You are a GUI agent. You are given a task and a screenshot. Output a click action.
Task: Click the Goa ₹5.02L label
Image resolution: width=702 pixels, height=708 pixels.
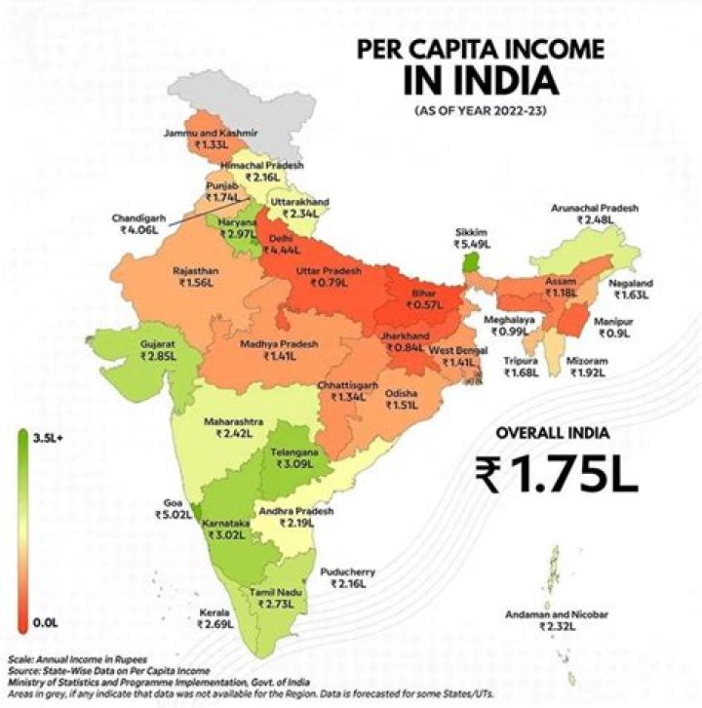click(170, 512)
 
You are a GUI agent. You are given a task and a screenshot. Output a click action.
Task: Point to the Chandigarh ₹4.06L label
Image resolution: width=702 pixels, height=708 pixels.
click(141, 223)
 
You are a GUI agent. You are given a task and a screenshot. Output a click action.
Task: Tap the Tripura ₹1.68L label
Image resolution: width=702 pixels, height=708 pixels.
click(522, 367)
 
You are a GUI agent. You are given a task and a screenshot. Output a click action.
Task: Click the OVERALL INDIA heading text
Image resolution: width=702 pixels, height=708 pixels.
click(557, 432)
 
